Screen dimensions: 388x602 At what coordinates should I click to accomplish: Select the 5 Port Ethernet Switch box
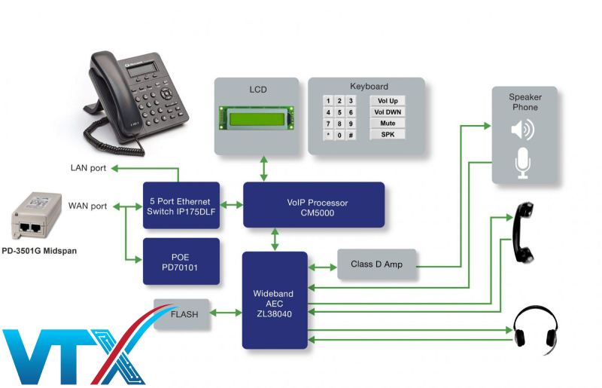[x=181, y=206]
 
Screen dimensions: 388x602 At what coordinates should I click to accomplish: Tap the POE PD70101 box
[x=181, y=261]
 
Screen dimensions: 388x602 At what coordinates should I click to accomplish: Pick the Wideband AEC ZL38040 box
[x=275, y=300]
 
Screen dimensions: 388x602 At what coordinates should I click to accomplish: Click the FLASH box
[x=182, y=314]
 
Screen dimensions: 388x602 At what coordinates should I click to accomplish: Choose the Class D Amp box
[x=376, y=264]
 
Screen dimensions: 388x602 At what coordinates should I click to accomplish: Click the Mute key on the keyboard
[x=388, y=123]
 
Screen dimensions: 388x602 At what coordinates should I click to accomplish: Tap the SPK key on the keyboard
[x=388, y=134]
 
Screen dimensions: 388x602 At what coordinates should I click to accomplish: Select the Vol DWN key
[x=388, y=112]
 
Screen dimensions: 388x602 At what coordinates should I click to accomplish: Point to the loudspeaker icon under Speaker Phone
[x=522, y=130]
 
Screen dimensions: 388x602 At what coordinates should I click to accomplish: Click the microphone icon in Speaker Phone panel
[x=522, y=163]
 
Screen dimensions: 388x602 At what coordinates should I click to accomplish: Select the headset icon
[x=535, y=326]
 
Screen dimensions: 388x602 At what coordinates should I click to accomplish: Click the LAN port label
[x=88, y=168]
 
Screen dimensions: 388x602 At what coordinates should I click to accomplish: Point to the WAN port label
[x=88, y=206]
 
